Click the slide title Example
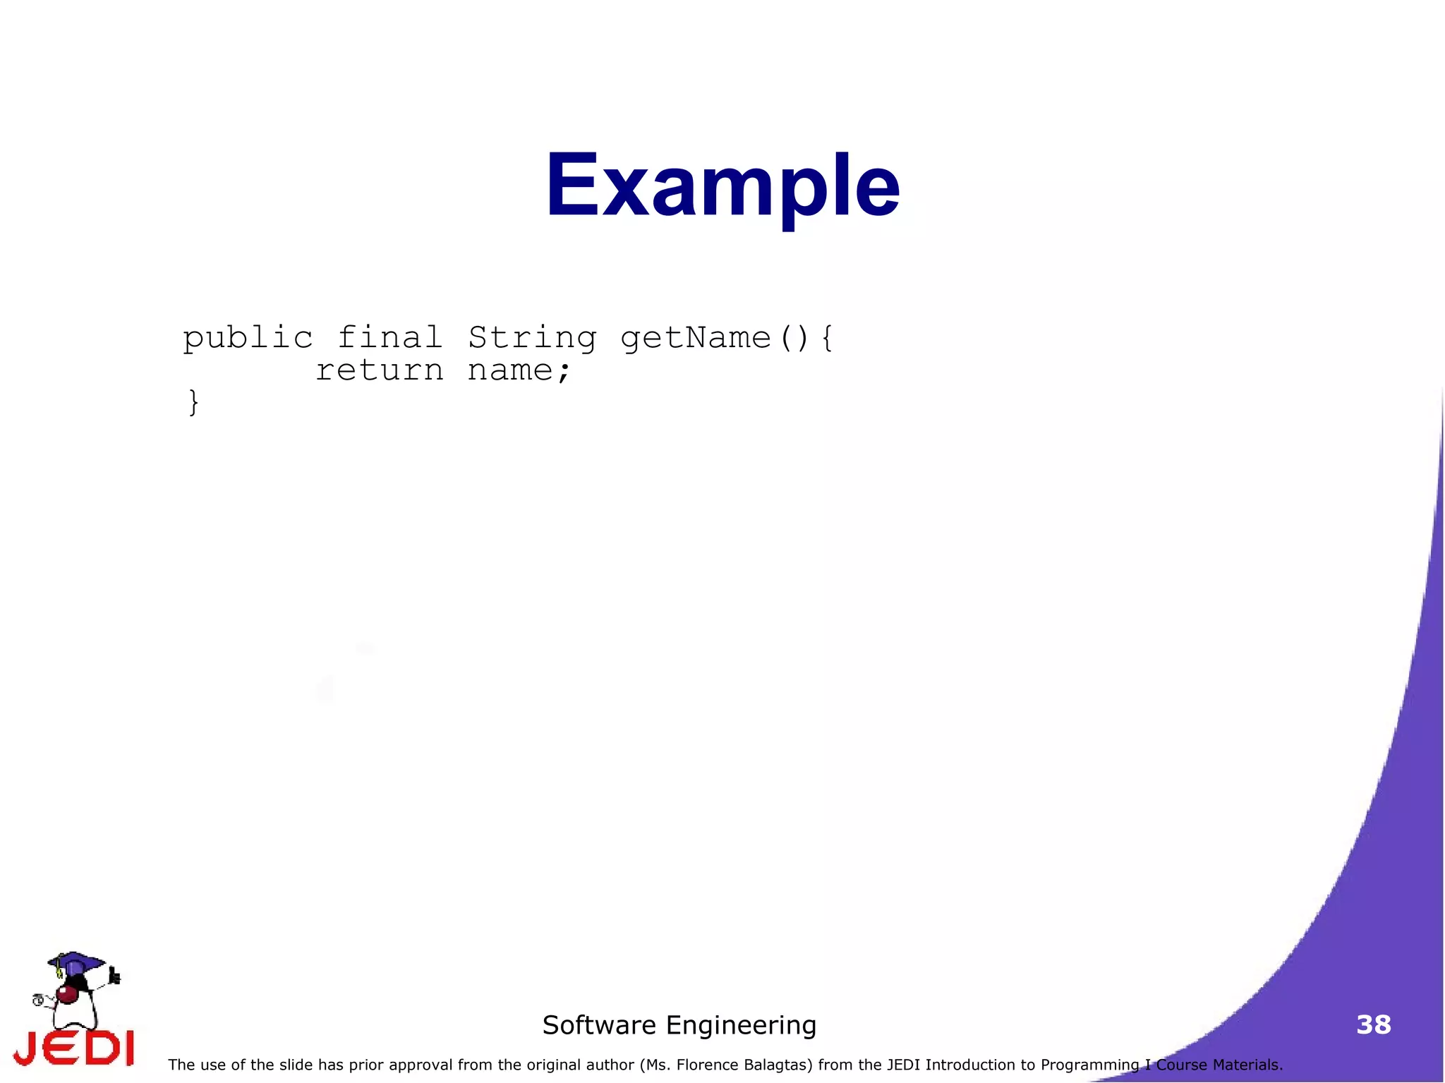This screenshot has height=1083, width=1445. pyautogui.click(x=722, y=186)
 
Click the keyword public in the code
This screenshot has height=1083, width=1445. pyautogui.click(x=248, y=338)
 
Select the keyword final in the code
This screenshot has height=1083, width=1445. pyautogui.click(x=389, y=337)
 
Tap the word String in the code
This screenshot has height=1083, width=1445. pyautogui.click(x=532, y=338)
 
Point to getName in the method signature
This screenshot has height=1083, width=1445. pyautogui.click(x=696, y=337)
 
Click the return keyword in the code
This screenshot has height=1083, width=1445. pyautogui.click(x=380, y=370)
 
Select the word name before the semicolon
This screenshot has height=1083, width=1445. pyautogui.click(x=509, y=370)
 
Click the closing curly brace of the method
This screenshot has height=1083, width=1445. pyautogui.click(x=193, y=402)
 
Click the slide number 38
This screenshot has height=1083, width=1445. pyautogui.click(x=1373, y=1024)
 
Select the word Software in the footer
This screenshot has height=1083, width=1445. pyautogui.click(x=599, y=1025)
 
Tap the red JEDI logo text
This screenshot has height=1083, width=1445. pyautogui.click(x=74, y=1048)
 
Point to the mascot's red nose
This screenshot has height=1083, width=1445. pyautogui.click(x=68, y=994)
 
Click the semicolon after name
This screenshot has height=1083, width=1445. pyautogui.click(x=563, y=372)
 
